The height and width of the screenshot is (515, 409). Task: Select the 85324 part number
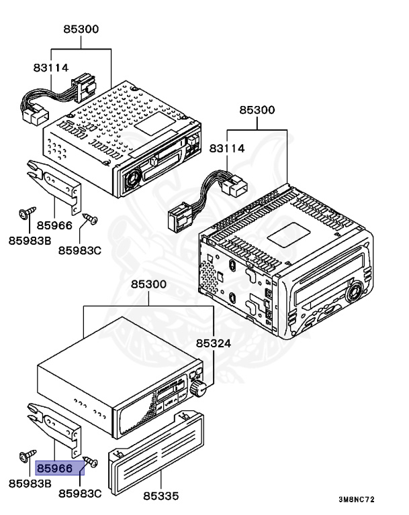[x=213, y=343]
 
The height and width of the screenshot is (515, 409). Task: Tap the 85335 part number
[x=161, y=496]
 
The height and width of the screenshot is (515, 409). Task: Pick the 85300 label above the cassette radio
[x=81, y=29]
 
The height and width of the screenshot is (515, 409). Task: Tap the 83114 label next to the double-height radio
[x=227, y=148]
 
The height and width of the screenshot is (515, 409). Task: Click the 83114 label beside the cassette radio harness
[x=51, y=67]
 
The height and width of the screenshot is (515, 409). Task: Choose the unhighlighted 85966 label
[x=54, y=225]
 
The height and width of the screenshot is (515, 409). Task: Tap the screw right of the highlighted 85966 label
[x=93, y=461]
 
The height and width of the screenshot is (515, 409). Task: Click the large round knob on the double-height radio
[x=352, y=290]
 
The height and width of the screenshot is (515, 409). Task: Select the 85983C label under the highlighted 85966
[x=79, y=494]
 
